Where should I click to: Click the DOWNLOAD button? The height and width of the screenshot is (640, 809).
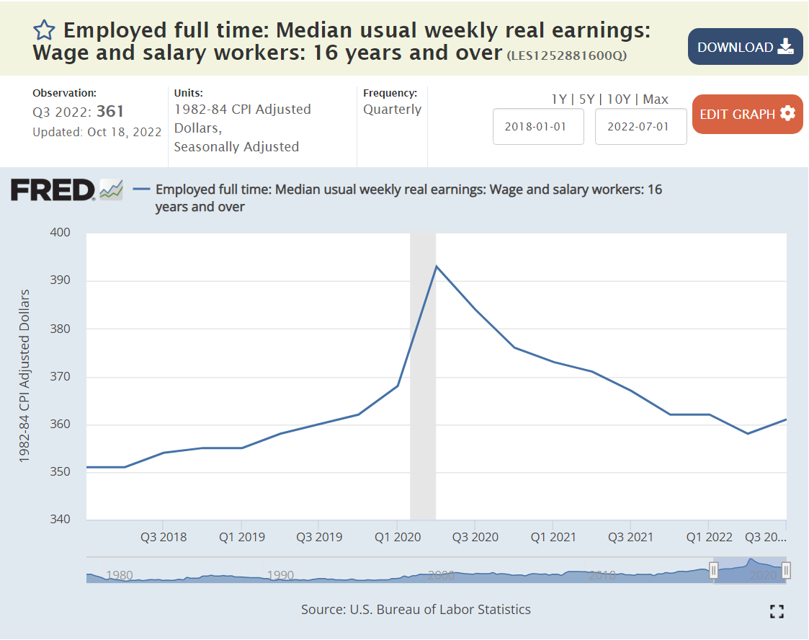[x=745, y=47]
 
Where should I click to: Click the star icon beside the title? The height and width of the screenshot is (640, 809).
[x=45, y=30]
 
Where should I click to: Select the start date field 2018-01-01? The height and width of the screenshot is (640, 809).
[x=537, y=126]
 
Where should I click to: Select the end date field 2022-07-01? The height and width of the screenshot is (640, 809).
[x=640, y=126]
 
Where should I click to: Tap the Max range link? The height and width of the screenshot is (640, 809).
[x=656, y=99]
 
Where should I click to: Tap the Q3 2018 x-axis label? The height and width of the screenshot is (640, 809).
[x=164, y=537]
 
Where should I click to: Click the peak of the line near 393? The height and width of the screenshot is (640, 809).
[x=436, y=266]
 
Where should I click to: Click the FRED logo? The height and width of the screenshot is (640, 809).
[x=53, y=190]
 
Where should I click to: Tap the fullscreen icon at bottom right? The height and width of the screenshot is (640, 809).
[x=776, y=611]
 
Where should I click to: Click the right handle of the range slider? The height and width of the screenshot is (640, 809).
[x=786, y=571]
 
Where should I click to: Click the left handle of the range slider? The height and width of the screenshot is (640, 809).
[x=713, y=571]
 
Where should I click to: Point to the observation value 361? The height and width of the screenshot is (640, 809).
[x=110, y=111]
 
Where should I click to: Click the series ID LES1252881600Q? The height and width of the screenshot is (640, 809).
[x=566, y=55]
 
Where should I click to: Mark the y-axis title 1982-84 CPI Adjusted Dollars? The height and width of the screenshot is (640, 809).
[x=24, y=375]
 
